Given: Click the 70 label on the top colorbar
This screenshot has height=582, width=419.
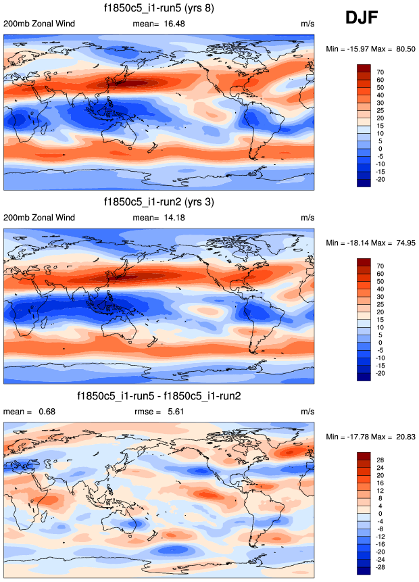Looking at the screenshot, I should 380,71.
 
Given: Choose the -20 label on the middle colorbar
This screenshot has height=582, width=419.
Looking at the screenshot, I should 381,373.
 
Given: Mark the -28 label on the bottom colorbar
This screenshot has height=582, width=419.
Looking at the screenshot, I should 381,566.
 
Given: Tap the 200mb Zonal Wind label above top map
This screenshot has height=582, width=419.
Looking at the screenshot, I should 39,24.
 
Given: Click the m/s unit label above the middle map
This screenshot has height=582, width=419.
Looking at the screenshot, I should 307,217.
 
